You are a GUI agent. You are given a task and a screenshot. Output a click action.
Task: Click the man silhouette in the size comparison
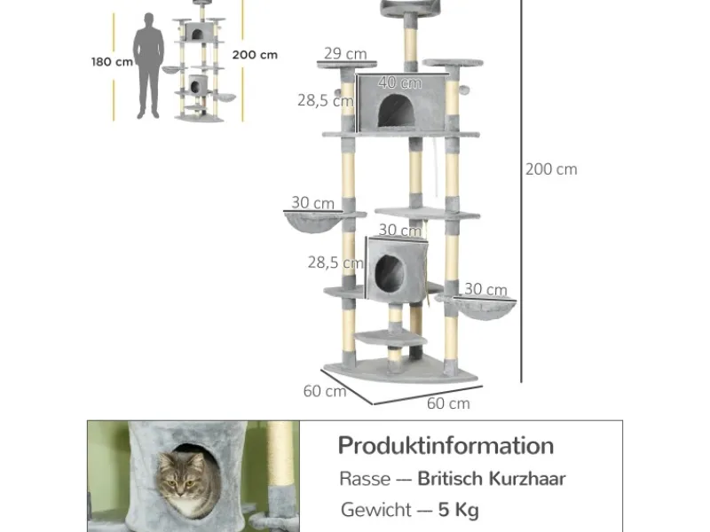(x=149, y=66)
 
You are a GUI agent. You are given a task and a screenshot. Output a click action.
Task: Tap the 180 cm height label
(x=112, y=62)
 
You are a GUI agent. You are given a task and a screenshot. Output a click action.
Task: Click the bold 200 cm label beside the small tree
(x=255, y=54)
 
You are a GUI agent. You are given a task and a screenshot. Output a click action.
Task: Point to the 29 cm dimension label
(x=345, y=54)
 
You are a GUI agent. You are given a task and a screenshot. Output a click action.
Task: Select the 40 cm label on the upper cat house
(x=399, y=82)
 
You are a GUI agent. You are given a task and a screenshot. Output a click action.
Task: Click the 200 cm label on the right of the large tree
(x=551, y=169)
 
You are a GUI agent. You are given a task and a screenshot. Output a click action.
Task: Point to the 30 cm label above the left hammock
(x=312, y=202)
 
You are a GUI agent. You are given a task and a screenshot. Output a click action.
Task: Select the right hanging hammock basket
(x=478, y=307)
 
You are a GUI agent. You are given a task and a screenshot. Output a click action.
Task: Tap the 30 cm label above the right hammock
(x=485, y=289)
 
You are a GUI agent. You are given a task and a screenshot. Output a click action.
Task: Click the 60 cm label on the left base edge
(x=324, y=391)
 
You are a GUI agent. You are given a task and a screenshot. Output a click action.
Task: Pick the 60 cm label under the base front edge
(x=448, y=403)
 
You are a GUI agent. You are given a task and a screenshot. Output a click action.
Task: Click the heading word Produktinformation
(x=446, y=445)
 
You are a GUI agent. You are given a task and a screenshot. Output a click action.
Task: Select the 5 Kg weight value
(x=460, y=510)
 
